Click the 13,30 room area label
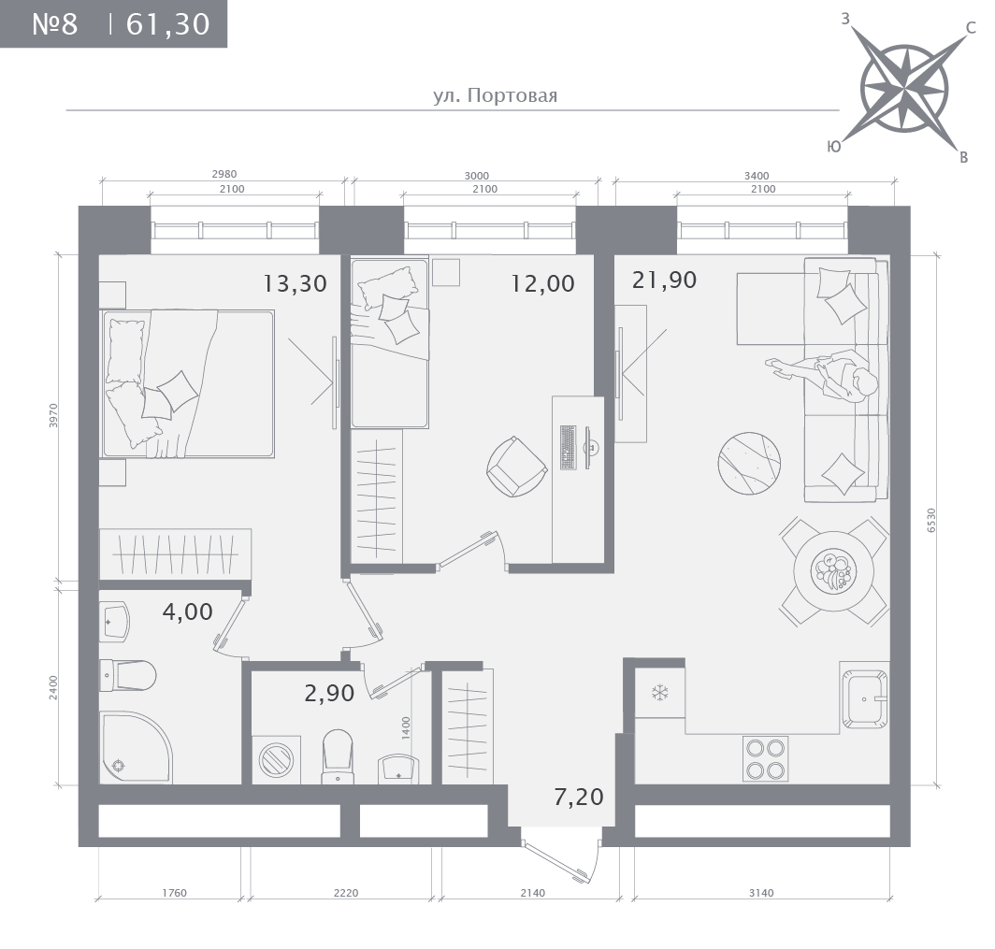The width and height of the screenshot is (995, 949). (x=296, y=283)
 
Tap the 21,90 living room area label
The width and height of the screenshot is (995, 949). (x=664, y=280)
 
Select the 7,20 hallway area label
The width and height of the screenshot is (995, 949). (x=579, y=797)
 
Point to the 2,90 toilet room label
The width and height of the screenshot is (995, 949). (x=329, y=693)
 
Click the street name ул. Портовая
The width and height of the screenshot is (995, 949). (x=495, y=95)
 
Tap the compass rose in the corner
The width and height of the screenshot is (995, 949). (x=903, y=88)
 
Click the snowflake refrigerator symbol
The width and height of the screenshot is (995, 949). (x=660, y=692)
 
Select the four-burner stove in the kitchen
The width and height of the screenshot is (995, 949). (x=765, y=758)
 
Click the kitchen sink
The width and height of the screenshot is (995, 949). (x=864, y=699)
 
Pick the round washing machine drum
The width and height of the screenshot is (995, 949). (x=276, y=759)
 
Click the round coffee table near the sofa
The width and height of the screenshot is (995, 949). (x=749, y=463)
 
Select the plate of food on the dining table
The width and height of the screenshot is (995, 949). (x=834, y=571)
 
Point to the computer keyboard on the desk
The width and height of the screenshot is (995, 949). (x=568, y=447)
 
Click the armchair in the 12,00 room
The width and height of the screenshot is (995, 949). (x=516, y=467)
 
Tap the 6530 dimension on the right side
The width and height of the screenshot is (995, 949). (x=931, y=520)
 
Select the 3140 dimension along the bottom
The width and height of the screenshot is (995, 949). (x=761, y=893)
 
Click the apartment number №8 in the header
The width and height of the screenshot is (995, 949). (x=54, y=24)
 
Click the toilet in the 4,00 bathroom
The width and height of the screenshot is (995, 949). (x=127, y=676)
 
